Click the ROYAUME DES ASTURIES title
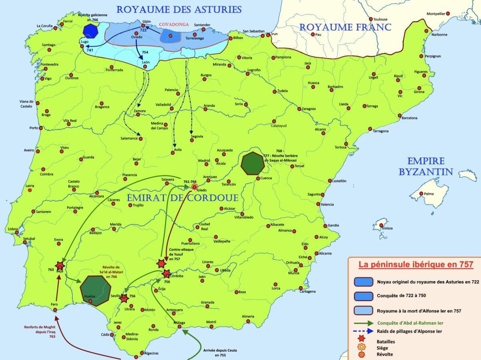pyautogui.click(x=179, y=9)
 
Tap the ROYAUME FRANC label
pyautogui.click(x=345, y=27)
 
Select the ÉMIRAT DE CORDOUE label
pyautogui.click(x=183, y=198)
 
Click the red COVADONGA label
pyautogui.click(x=174, y=24)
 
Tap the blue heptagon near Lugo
pyautogui.click(x=91, y=31)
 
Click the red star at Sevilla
pyautogui.click(x=124, y=298)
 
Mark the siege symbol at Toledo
pyautogui.click(x=194, y=187)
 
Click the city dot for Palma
pyautogui.click(x=421, y=194)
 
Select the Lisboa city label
pyautogui.click(x=13, y=229)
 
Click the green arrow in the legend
pyautogui.click(x=362, y=323)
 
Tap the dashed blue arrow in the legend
pyautogui.click(x=362, y=331)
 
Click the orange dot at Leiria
pyautogui.click(x=30, y=190)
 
